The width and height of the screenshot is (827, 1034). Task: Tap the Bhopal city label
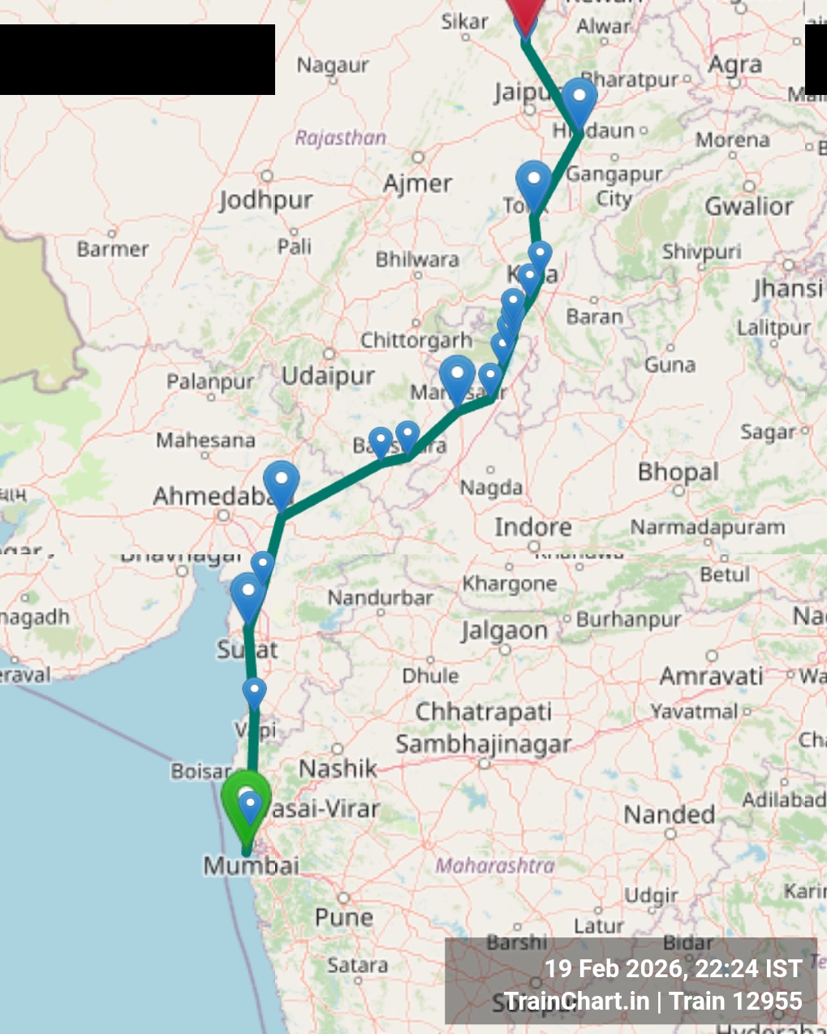click(678, 472)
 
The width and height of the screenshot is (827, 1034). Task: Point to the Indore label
click(532, 527)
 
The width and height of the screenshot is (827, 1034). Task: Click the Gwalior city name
click(748, 206)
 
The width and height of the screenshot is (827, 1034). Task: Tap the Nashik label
click(338, 768)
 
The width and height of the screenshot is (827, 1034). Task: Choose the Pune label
click(344, 917)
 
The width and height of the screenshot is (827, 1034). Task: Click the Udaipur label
click(328, 376)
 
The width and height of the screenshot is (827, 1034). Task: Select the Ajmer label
click(417, 183)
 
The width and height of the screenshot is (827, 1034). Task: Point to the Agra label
click(735, 65)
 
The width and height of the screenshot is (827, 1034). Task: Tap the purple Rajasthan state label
click(340, 138)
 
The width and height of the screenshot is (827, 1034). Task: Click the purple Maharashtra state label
click(495, 865)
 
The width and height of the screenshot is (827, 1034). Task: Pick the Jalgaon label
click(504, 631)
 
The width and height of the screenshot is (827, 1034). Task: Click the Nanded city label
click(669, 814)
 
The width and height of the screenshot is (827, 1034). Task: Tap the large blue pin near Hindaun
click(579, 101)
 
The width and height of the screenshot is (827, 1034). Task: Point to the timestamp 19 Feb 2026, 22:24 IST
click(672, 968)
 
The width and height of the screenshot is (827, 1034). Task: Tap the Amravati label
click(711, 676)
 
